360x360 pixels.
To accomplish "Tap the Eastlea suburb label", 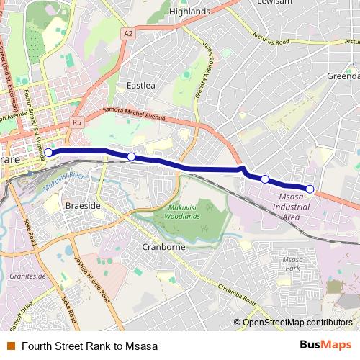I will (140, 85).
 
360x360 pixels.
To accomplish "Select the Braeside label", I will (81, 205).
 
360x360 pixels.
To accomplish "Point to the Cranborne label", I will (164, 247).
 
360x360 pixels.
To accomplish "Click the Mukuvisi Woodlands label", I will (178, 212).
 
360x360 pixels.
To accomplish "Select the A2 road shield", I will (128, 33).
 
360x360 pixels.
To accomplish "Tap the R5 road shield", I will (77, 123).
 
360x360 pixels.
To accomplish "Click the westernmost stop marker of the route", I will (48, 152).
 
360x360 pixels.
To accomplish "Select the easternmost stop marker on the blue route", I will (310, 189).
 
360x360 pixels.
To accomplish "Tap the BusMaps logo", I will (325, 345).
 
